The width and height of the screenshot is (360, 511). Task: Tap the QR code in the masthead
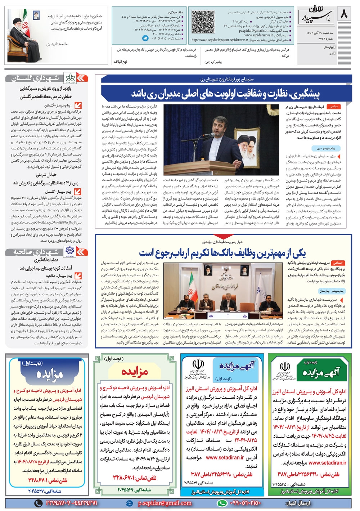[202, 22]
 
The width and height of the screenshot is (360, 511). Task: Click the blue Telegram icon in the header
[145, 38]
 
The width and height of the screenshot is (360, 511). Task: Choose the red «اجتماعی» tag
[338, 263]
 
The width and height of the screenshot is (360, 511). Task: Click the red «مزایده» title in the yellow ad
[135, 372]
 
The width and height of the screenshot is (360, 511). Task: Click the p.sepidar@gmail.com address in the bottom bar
[165, 503]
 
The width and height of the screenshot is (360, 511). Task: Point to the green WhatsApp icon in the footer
[222, 503]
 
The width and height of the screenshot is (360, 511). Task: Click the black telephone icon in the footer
[39, 503]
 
